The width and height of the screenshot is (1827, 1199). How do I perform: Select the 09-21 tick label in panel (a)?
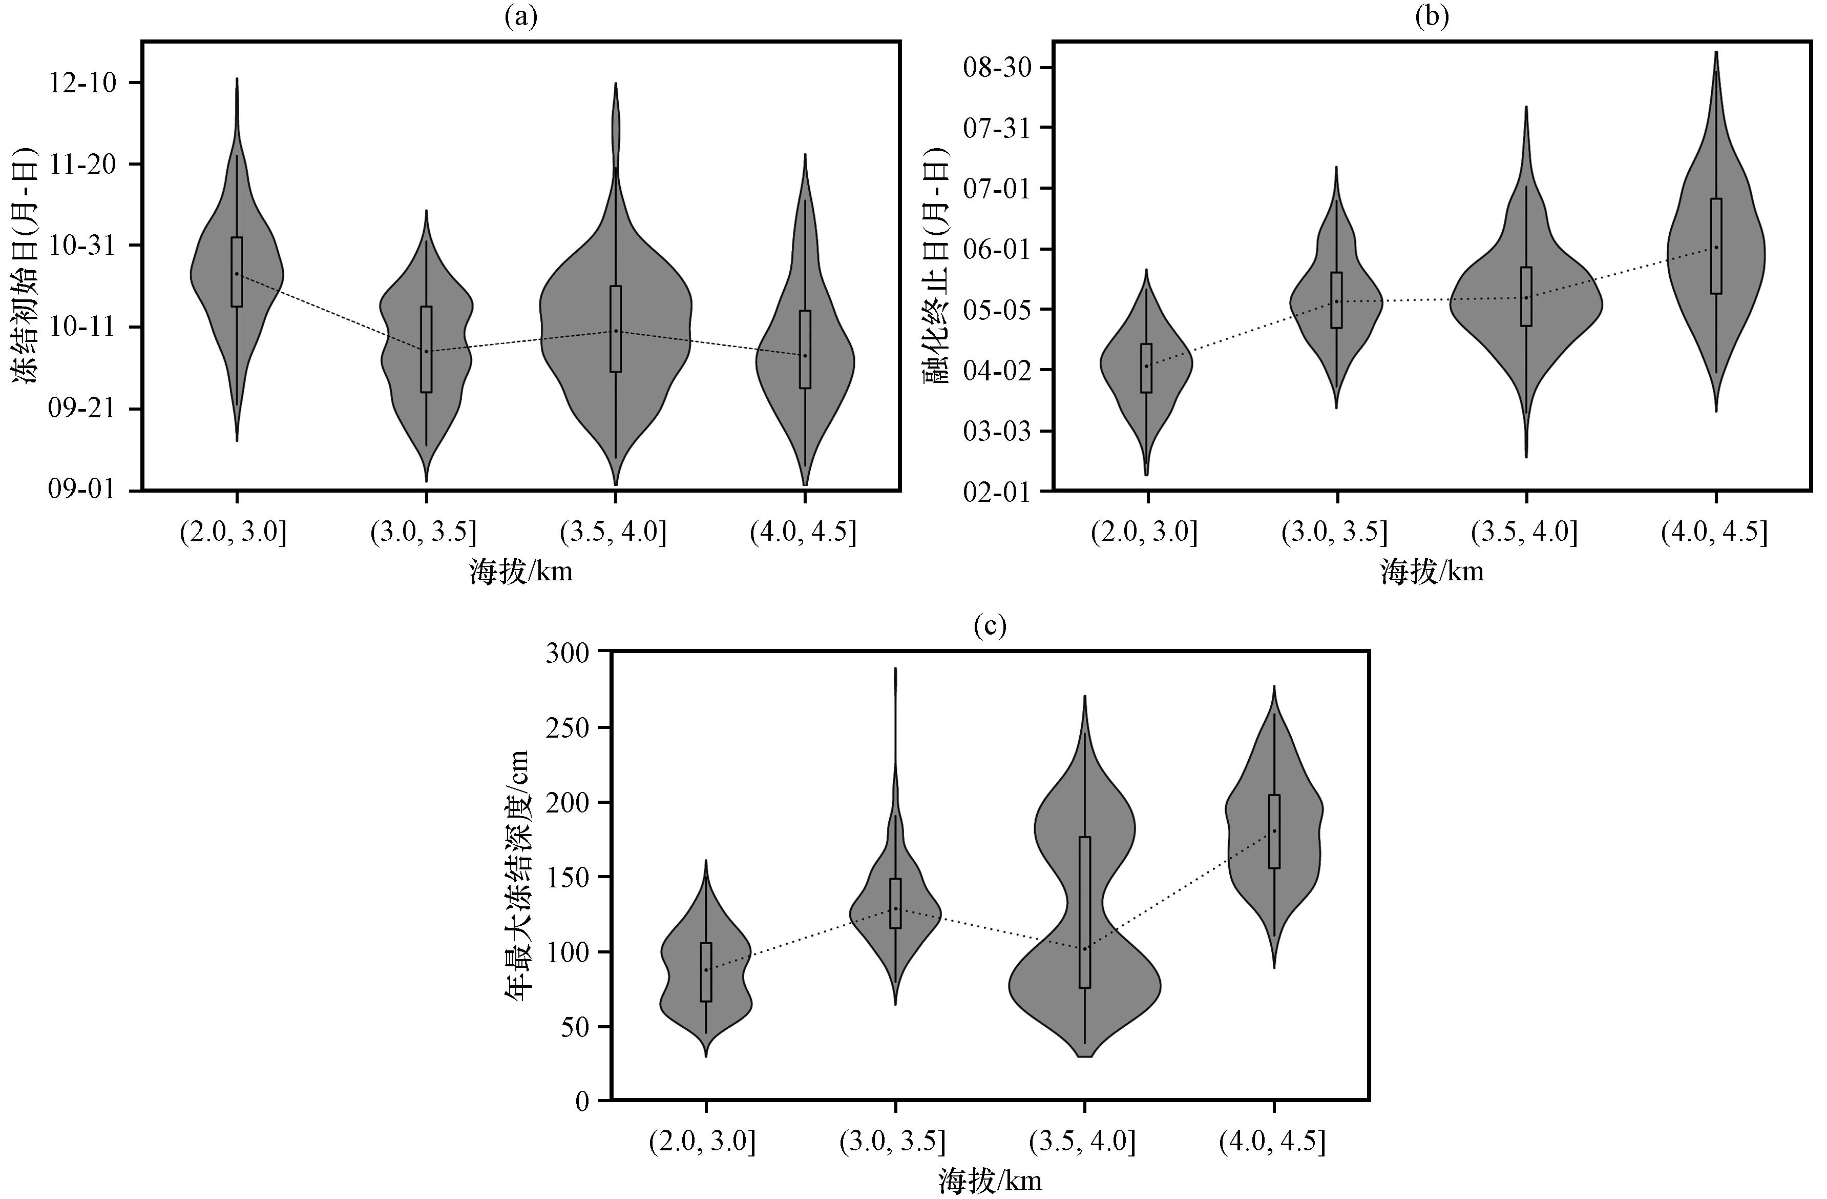[83, 409]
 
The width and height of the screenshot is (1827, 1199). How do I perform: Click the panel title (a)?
[520, 16]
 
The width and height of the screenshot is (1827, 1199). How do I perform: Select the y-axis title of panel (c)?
[517, 876]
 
